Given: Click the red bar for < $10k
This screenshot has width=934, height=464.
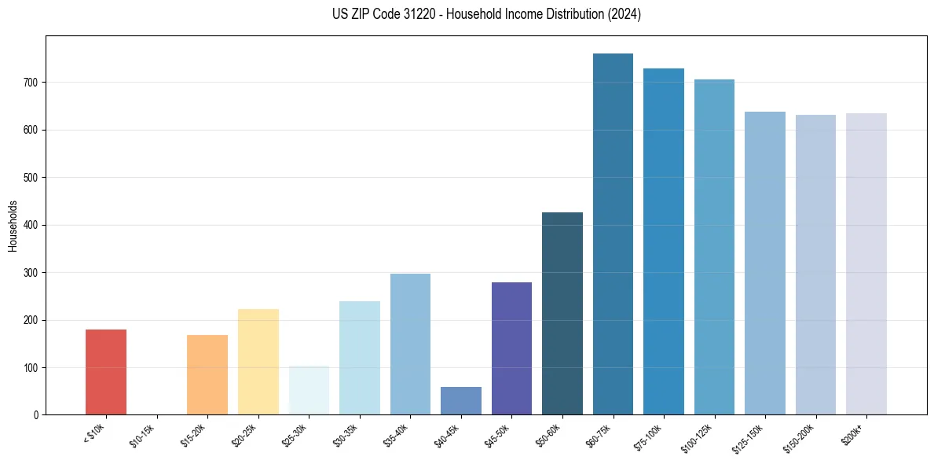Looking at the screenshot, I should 106,372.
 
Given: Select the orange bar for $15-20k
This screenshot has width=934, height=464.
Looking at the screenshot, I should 207,375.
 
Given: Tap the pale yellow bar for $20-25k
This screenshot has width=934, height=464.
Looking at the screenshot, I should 258,362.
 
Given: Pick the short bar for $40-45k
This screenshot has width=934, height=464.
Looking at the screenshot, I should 461,401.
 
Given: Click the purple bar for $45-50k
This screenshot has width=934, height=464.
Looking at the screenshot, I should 511,348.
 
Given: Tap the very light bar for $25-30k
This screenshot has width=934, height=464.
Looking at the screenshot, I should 309,390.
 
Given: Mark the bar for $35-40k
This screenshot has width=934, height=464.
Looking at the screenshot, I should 410,344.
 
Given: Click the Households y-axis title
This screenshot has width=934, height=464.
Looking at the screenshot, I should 13,226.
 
